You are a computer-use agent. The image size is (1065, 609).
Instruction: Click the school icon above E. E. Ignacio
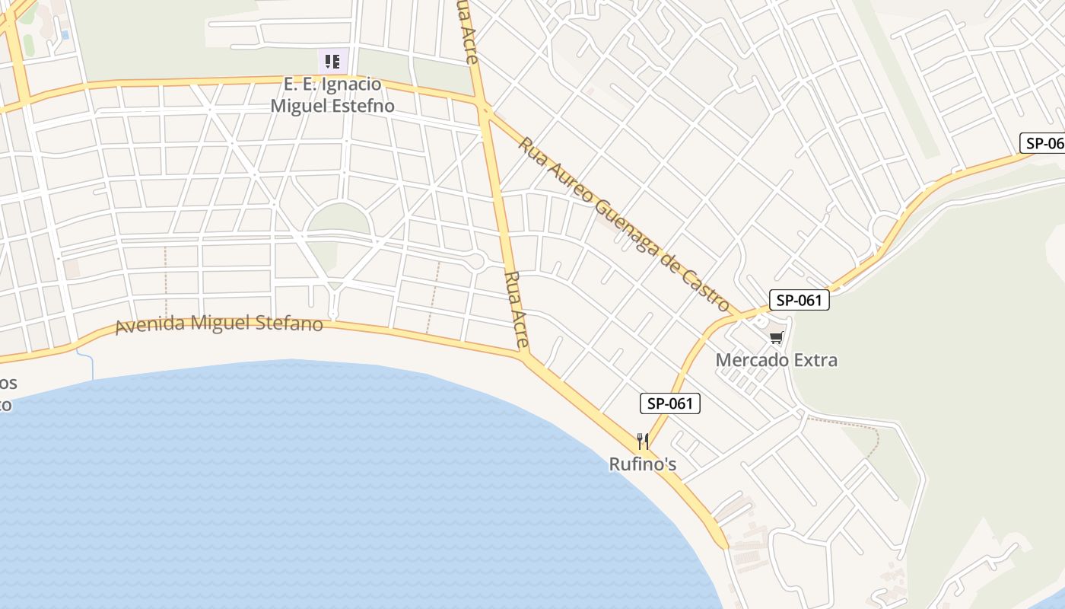pyautogui.click(x=332, y=61)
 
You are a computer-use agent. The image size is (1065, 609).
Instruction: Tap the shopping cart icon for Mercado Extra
pyautogui.click(x=776, y=337)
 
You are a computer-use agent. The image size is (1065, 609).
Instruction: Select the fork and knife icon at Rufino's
pyautogui.click(x=643, y=442)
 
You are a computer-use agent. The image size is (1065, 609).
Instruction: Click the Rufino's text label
pyautogui.click(x=643, y=464)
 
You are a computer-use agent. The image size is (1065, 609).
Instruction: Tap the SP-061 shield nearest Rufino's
pyautogui.click(x=669, y=403)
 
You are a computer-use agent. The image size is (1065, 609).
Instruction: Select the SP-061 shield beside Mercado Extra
pyautogui.click(x=799, y=300)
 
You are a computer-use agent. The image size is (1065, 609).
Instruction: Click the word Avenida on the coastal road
pyautogui.click(x=150, y=325)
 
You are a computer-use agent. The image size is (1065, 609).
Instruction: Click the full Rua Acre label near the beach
pyautogui.click(x=517, y=308)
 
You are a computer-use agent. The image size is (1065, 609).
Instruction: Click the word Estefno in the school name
pyautogui.click(x=362, y=106)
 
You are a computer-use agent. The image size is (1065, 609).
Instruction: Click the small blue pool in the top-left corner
pyautogui.click(x=65, y=34)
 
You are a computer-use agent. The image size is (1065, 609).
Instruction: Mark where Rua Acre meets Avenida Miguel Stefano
pyautogui.click(x=524, y=355)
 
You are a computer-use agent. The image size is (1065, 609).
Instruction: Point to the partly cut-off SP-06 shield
pyautogui.click(x=1043, y=143)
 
